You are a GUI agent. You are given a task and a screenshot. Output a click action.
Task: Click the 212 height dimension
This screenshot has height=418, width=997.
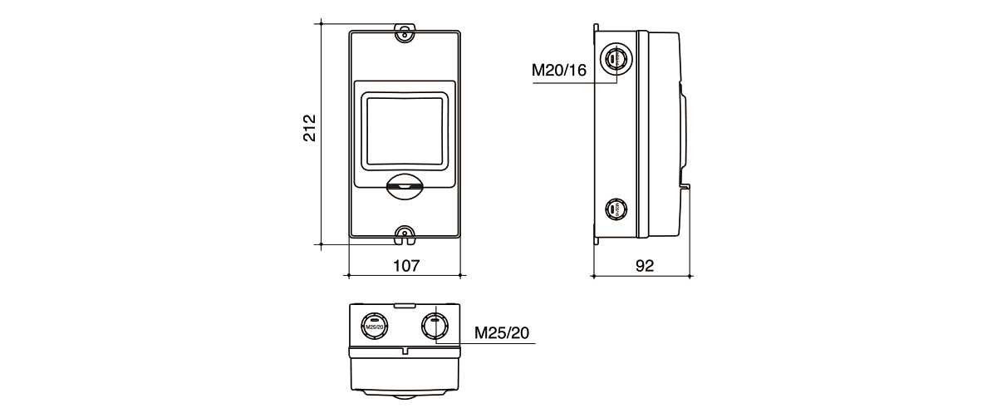[x=309, y=129]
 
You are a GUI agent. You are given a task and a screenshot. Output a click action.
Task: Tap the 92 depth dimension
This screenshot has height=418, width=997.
[x=645, y=265]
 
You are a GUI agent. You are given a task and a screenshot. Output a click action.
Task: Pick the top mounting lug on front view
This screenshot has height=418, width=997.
[x=404, y=32]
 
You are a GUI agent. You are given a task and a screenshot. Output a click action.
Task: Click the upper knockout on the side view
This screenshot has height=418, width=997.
[x=616, y=59]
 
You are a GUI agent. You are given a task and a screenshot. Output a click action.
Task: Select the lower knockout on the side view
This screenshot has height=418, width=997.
[x=616, y=209]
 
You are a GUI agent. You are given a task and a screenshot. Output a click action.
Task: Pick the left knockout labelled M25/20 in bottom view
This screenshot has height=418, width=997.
[x=375, y=325]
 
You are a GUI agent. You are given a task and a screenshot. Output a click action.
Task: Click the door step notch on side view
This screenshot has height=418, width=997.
[x=685, y=184]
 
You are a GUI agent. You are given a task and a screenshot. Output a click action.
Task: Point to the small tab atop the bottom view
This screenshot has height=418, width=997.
[x=405, y=306]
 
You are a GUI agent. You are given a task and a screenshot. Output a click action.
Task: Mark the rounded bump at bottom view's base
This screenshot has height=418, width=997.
[x=405, y=394]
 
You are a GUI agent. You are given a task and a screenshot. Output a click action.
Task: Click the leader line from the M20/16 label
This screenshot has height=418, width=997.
[x=582, y=83]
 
